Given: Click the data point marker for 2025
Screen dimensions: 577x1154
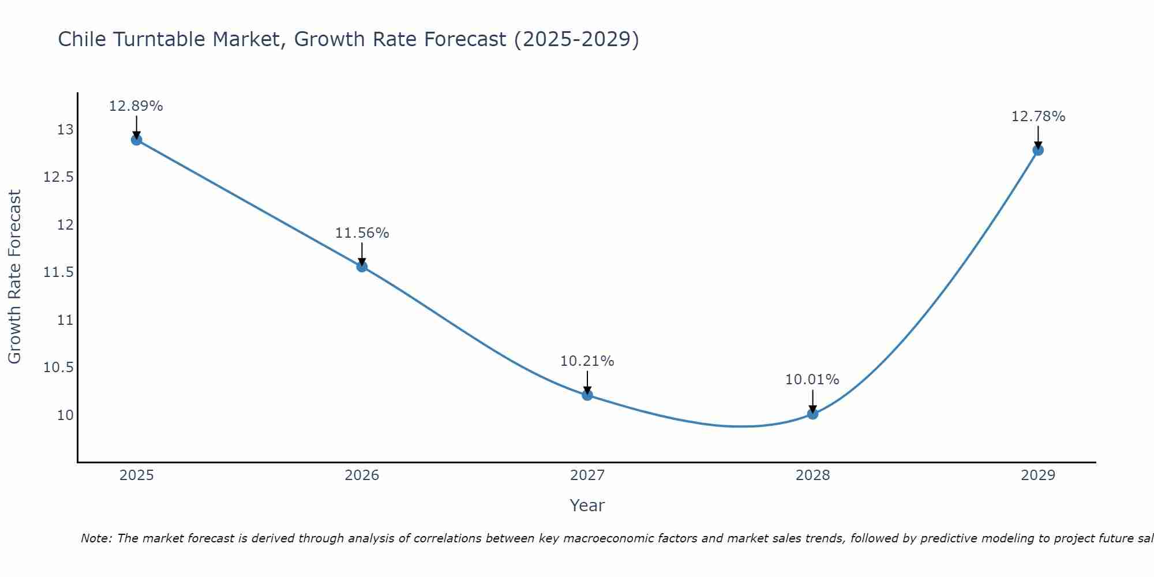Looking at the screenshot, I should (137, 140).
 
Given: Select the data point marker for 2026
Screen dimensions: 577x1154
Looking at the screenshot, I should (362, 267).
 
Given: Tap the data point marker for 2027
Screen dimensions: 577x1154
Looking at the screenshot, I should (587, 395).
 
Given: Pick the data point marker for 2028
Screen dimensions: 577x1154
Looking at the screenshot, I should (812, 414).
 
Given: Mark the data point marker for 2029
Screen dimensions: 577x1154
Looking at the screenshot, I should (1038, 150).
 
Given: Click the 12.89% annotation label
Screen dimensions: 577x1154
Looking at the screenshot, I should (136, 106).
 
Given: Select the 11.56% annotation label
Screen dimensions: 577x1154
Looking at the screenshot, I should (362, 233).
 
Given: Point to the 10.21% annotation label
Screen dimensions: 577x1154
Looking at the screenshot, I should (587, 361).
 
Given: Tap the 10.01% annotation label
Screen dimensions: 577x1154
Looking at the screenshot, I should (812, 380).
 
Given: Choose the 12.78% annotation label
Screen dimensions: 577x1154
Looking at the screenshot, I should (1038, 117).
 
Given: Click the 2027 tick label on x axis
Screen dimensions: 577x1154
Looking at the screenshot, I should (587, 475).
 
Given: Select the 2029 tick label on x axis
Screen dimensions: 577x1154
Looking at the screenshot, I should (1038, 475).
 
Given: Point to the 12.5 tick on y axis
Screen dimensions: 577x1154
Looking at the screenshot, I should (59, 177).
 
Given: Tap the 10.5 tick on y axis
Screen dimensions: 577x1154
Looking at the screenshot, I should (59, 368).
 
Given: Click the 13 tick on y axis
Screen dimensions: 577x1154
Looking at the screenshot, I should (65, 130).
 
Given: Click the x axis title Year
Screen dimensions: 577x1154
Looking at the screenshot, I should (587, 505).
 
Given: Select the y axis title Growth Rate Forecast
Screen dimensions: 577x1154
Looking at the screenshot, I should (15, 277).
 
